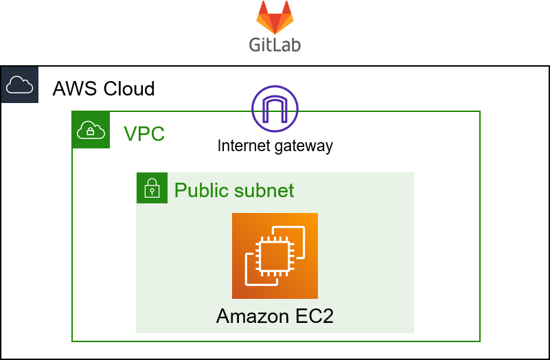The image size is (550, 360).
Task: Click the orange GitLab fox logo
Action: point(275,16)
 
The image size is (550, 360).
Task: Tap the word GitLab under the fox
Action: point(275,43)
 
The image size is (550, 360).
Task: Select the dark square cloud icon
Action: point(20,85)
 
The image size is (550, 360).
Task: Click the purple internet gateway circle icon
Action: point(275,109)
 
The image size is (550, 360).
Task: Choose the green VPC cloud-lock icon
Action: point(91,129)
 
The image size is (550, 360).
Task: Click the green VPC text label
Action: point(144,134)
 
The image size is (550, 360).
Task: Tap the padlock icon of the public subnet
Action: point(152,188)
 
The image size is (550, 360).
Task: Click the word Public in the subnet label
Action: point(200,190)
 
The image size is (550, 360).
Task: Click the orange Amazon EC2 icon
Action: point(275,256)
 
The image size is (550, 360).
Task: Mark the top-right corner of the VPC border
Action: point(479,111)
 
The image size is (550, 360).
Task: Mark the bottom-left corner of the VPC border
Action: point(72,341)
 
